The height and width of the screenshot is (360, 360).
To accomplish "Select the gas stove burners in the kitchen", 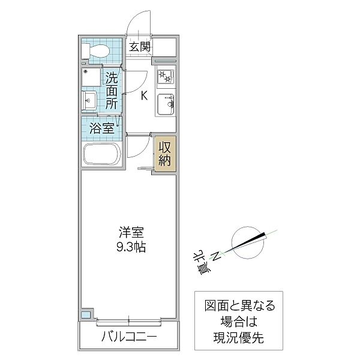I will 165,77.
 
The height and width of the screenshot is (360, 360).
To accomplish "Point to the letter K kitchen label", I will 144,95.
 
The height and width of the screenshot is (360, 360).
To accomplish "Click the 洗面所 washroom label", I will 112,91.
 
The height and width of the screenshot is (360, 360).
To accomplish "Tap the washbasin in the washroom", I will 90,100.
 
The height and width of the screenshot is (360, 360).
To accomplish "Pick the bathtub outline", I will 101,154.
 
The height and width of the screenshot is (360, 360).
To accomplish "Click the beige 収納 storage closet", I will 165,153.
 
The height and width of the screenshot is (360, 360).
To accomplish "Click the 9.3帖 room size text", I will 130,246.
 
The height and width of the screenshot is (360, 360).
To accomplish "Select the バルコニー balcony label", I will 128,337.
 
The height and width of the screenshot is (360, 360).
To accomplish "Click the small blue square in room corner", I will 86,314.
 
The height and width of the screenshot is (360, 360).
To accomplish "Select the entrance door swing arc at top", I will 139,19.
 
